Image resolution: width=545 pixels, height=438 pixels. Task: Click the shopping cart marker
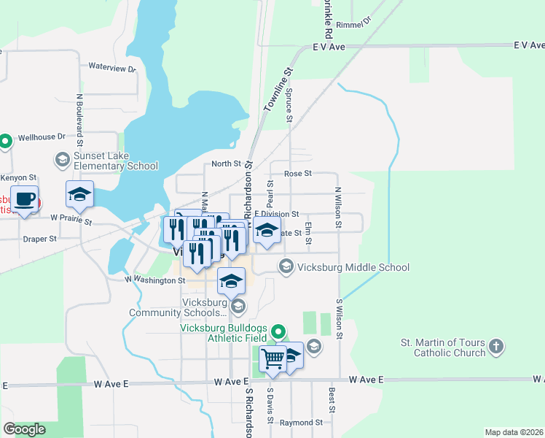point(272,358)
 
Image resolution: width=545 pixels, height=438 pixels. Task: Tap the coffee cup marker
point(25,199)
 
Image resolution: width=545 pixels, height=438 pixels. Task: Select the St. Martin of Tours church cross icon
point(496,347)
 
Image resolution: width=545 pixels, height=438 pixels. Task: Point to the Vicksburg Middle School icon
point(285,267)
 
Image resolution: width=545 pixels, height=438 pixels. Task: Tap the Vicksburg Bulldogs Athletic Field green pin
point(278,333)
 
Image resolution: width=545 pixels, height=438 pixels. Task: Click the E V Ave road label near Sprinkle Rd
point(328,45)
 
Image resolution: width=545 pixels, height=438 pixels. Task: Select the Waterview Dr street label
point(112,68)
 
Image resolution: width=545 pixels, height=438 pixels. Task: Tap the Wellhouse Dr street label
point(42,137)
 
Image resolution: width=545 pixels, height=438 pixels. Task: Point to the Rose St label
point(297,174)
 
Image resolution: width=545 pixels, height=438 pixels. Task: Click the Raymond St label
point(300,423)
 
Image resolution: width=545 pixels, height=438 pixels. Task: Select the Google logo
point(24,429)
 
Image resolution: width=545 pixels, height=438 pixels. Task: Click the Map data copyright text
point(514,432)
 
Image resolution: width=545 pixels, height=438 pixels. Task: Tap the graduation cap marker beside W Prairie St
point(79,195)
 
